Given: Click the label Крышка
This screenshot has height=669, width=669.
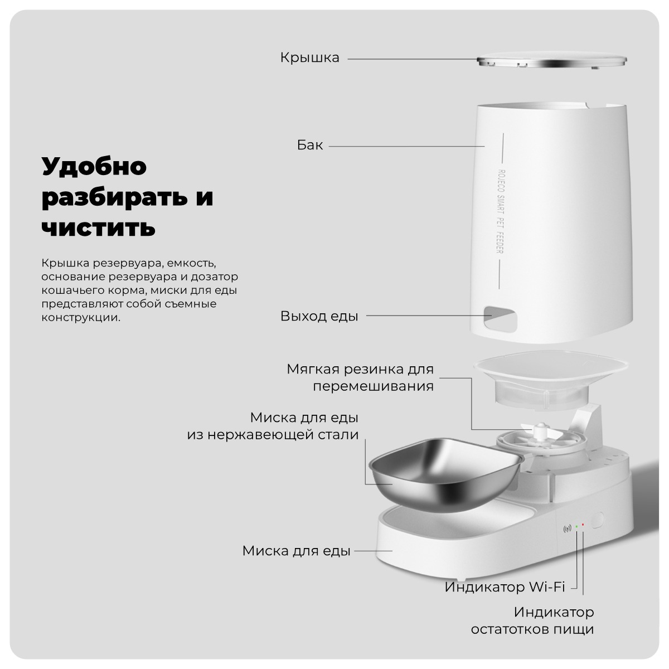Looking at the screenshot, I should [309, 58].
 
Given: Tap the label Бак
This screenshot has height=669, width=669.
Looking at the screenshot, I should [309, 146].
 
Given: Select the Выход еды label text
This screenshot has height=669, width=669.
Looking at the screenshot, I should [319, 317].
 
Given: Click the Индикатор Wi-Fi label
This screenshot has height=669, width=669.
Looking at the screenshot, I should [505, 587].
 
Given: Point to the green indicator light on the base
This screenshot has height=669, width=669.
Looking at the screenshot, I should [576, 526].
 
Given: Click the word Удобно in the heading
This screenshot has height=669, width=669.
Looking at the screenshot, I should [94, 166].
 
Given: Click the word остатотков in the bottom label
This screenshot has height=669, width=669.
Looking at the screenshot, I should [511, 629].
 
